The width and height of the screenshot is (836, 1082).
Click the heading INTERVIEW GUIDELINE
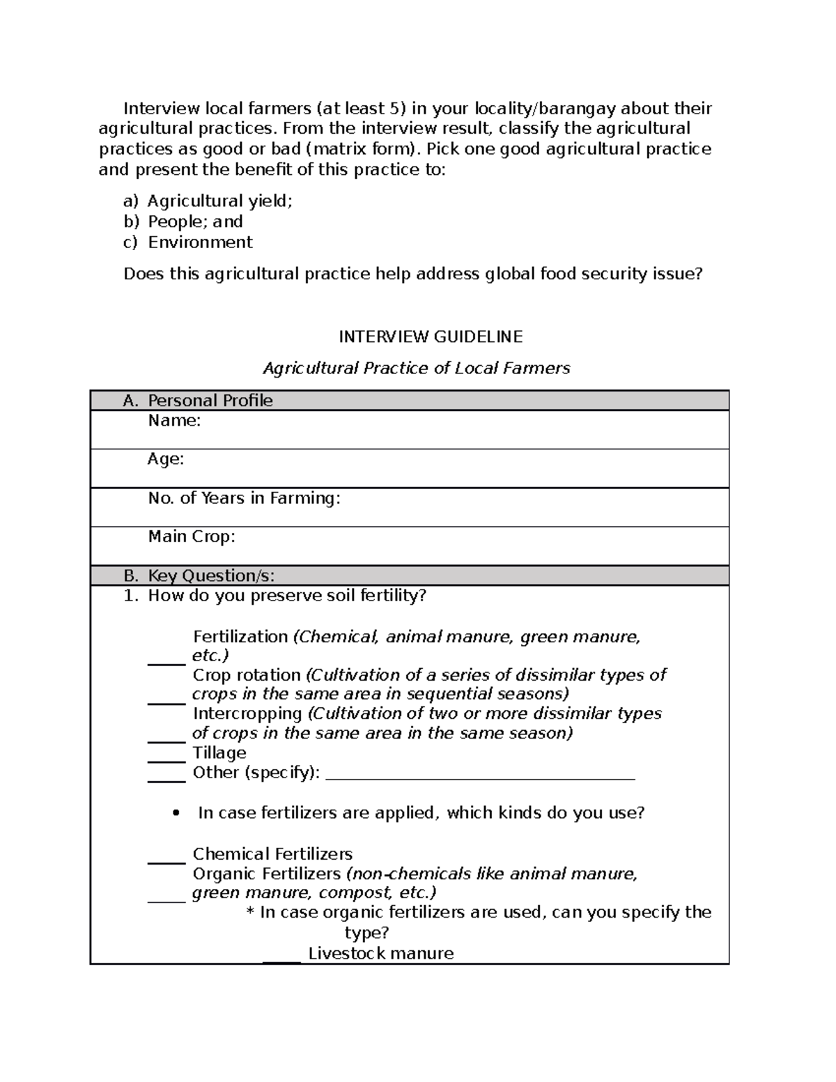[430, 337]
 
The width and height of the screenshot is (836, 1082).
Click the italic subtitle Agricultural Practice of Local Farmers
[416, 369]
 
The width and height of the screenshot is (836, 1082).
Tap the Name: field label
[174, 421]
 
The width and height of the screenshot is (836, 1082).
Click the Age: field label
[166, 459]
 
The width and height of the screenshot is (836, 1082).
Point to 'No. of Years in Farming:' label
[244, 498]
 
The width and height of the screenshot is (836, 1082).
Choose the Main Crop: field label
[192, 536]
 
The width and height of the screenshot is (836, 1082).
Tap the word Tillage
[219, 753]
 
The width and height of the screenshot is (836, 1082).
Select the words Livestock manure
[380, 954]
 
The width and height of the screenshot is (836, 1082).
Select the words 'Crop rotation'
[247, 675]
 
